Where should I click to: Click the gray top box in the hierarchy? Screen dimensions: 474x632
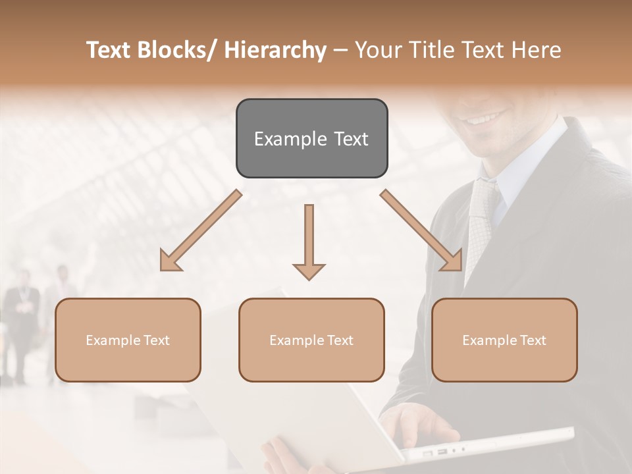pos(311,138)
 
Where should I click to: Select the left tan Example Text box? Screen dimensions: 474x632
pos(128,340)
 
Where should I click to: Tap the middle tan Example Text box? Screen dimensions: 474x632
pos(311,340)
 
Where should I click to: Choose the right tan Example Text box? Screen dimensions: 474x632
pos(504,340)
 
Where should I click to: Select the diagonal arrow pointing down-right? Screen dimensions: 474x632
pos(422,231)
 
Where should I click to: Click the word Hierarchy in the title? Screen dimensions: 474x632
pos(275,51)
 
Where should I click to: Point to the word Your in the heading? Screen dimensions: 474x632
pos(377,51)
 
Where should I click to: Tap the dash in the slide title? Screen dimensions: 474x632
pos(340,51)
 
